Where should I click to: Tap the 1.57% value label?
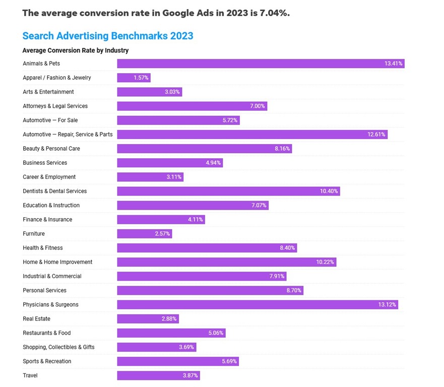click(x=141, y=78)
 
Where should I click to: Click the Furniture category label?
click(x=34, y=234)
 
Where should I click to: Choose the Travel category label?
click(x=30, y=375)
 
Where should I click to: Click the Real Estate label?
click(x=36, y=319)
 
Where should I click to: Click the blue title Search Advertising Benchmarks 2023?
click(x=108, y=36)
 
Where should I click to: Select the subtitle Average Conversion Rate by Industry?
click(x=76, y=50)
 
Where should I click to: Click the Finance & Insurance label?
click(x=47, y=220)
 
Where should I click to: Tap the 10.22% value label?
click(x=325, y=262)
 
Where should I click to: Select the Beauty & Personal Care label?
click(x=51, y=149)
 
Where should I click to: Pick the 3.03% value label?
click(x=172, y=92)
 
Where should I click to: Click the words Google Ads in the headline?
click(x=183, y=13)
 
